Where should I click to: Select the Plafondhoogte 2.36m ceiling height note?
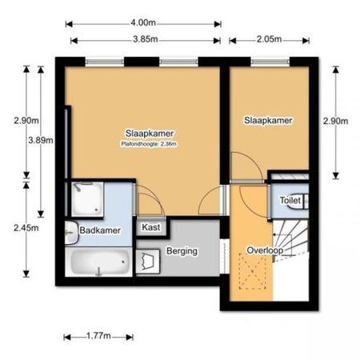[x=149, y=144]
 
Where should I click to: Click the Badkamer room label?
[x=100, y=231]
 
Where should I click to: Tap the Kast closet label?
[x=150, y=228]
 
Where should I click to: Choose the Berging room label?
[x=182, y=251]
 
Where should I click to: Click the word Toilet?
[x=290, y=201]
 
